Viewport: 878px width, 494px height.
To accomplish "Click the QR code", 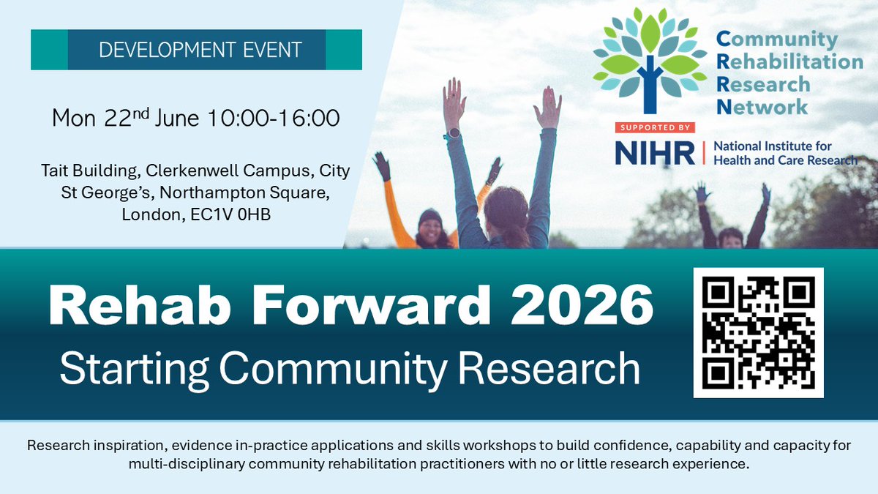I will click(x=758, y=332).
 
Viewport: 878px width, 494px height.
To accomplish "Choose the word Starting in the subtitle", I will click(x=133, y=368).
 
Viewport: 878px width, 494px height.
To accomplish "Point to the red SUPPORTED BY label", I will click(x=653, y=127).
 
